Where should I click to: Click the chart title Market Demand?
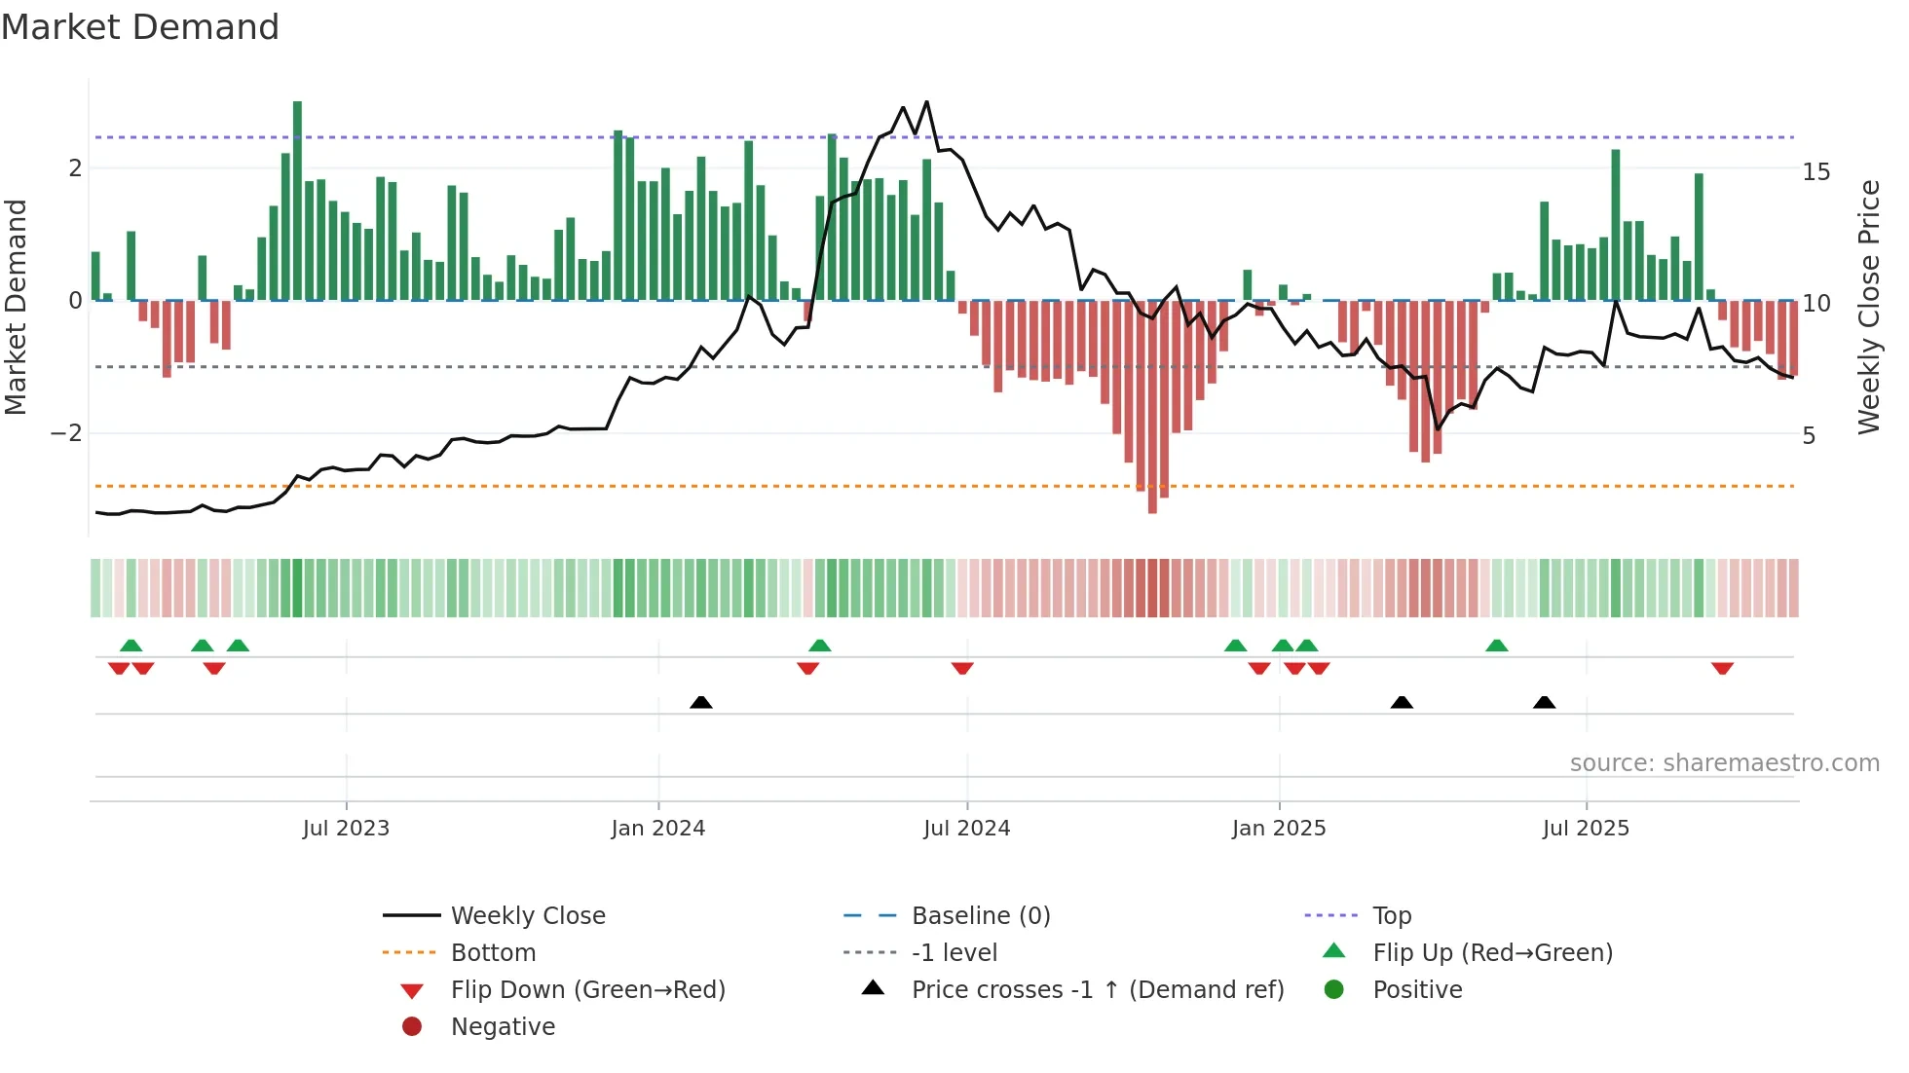click(140, 27)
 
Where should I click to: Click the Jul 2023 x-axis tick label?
click(346, 829)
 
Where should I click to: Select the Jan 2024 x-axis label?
click(657, 829)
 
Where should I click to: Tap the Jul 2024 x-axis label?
click(966, 829)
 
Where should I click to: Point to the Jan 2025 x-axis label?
click(1278, 829)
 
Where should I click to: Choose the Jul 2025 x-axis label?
click(1586, 829)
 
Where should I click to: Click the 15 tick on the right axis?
click(1815, 172)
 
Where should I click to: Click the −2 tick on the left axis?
click(66, 433)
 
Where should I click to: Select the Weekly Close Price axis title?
click(1868, 307)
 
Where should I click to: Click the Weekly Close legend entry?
click(527, 916)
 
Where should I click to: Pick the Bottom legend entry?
click(493, 953)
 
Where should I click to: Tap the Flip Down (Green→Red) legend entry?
click(587, 990)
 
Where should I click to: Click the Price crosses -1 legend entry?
click(1097, 990)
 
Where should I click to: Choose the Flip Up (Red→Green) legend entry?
click(1492, 953)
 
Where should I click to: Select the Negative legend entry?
click(503, 1027)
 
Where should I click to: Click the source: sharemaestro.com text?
click(1724, 763)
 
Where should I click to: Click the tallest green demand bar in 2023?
click(297, 195)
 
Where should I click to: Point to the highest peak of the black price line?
click(926, 101)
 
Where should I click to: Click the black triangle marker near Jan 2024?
click(700, 702)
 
